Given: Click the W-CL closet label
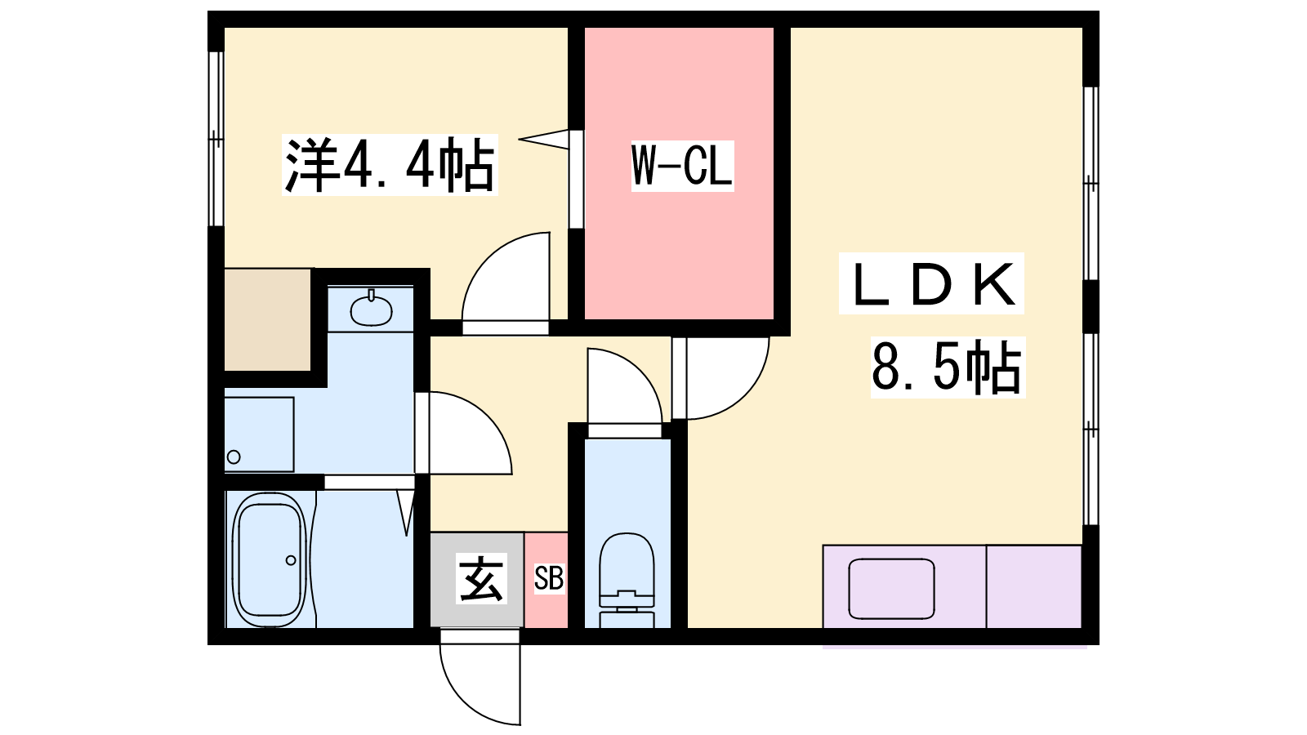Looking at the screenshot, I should [682, 166].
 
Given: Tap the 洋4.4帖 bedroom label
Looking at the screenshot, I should [390, 166].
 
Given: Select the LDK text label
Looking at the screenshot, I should [931, 284].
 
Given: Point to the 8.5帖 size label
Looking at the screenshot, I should [947, 367].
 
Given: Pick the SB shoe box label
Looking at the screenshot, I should [548, 579].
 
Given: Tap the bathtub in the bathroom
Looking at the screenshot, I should [270, 560].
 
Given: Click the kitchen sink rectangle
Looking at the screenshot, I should [891, 589].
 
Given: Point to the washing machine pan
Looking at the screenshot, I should [259, 434].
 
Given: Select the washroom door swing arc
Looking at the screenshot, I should [466, 433].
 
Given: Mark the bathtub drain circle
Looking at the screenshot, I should [291, 560].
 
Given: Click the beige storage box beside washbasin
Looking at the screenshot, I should [268, 319].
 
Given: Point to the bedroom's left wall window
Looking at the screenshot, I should [216, 139].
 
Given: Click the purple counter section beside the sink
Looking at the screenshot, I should [1034, 586].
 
